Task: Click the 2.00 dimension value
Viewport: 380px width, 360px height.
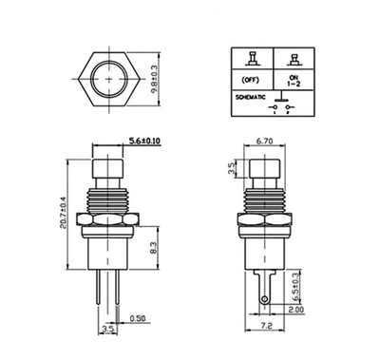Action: click(297, 310)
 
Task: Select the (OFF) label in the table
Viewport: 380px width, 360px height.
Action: click(252, 80)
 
